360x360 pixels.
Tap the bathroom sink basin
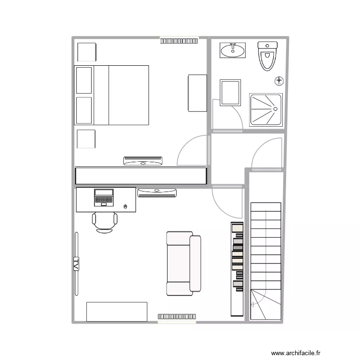click(233, 50)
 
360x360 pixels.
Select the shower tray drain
click(276, 108)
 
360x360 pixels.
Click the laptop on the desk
click(104, 197)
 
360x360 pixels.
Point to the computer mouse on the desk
click(126, 206)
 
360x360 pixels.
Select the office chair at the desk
click(105, 221)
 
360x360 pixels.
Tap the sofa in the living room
click(183, 264)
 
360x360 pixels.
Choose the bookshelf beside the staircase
click(238, 269)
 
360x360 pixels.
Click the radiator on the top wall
click(179, 41)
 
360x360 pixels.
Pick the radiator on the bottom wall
click(177, 316)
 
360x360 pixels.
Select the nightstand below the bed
click(86, 139)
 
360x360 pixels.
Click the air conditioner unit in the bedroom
click(143, 161)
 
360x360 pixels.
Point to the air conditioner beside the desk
click(157, 193)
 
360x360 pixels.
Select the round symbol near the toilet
click(279, 80)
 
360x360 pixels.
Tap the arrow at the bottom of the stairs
click(253, 303)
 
